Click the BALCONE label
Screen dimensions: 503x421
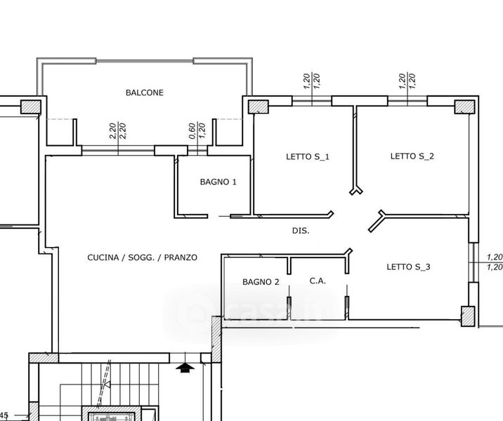(144, 93)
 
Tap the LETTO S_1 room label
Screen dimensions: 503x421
(308, 156)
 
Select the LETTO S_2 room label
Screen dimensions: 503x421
(412, 156)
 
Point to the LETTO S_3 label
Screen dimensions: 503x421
(408, 267)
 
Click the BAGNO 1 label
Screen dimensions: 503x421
(218, 182)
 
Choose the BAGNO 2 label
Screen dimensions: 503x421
(261, 282)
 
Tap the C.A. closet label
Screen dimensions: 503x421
(318, 281)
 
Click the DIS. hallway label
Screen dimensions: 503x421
(301, 230)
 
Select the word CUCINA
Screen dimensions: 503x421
(103, 258)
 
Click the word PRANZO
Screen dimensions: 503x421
(181, 258)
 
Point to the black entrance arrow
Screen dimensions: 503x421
(185, 368)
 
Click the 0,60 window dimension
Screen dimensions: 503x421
(192, 131)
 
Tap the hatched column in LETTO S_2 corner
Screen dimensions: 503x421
(464, 107)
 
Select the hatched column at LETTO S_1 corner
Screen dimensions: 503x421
(259, 107)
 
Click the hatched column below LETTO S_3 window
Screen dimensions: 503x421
(468, 316)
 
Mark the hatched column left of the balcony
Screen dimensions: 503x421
(31, 107)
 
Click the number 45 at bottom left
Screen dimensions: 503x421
(4, 415)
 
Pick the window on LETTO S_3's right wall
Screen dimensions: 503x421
(473, 262)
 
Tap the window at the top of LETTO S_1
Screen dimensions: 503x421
(312, 101)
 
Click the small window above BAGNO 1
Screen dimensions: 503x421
(197, 151)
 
